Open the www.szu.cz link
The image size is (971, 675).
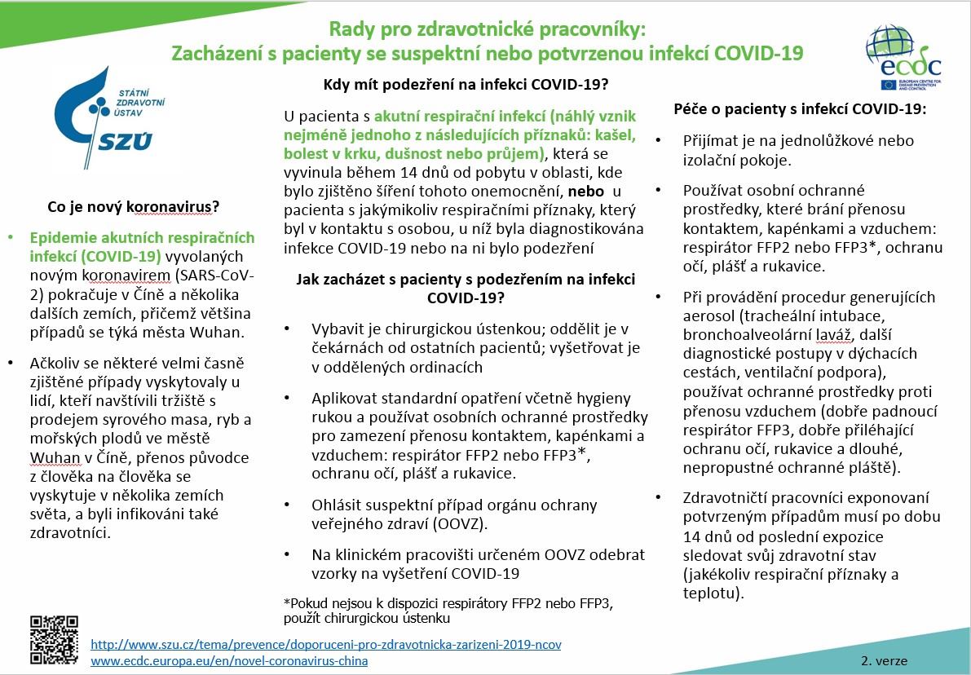(x=326, y=644)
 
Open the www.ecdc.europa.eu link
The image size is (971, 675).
(x=229, y=660)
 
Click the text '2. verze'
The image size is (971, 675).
(x=883, y=660)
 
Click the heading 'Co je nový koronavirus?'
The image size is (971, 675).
(x=135, y=207)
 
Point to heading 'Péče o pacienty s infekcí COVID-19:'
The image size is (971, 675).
(x=801, y=108)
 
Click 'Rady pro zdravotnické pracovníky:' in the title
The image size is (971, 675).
(x=487, y=30)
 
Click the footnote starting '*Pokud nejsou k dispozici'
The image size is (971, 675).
(x=448, y=611)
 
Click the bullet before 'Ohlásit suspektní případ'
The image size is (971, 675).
(x=286, y=505)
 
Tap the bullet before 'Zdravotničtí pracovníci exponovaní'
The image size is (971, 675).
(x=658, y=497)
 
